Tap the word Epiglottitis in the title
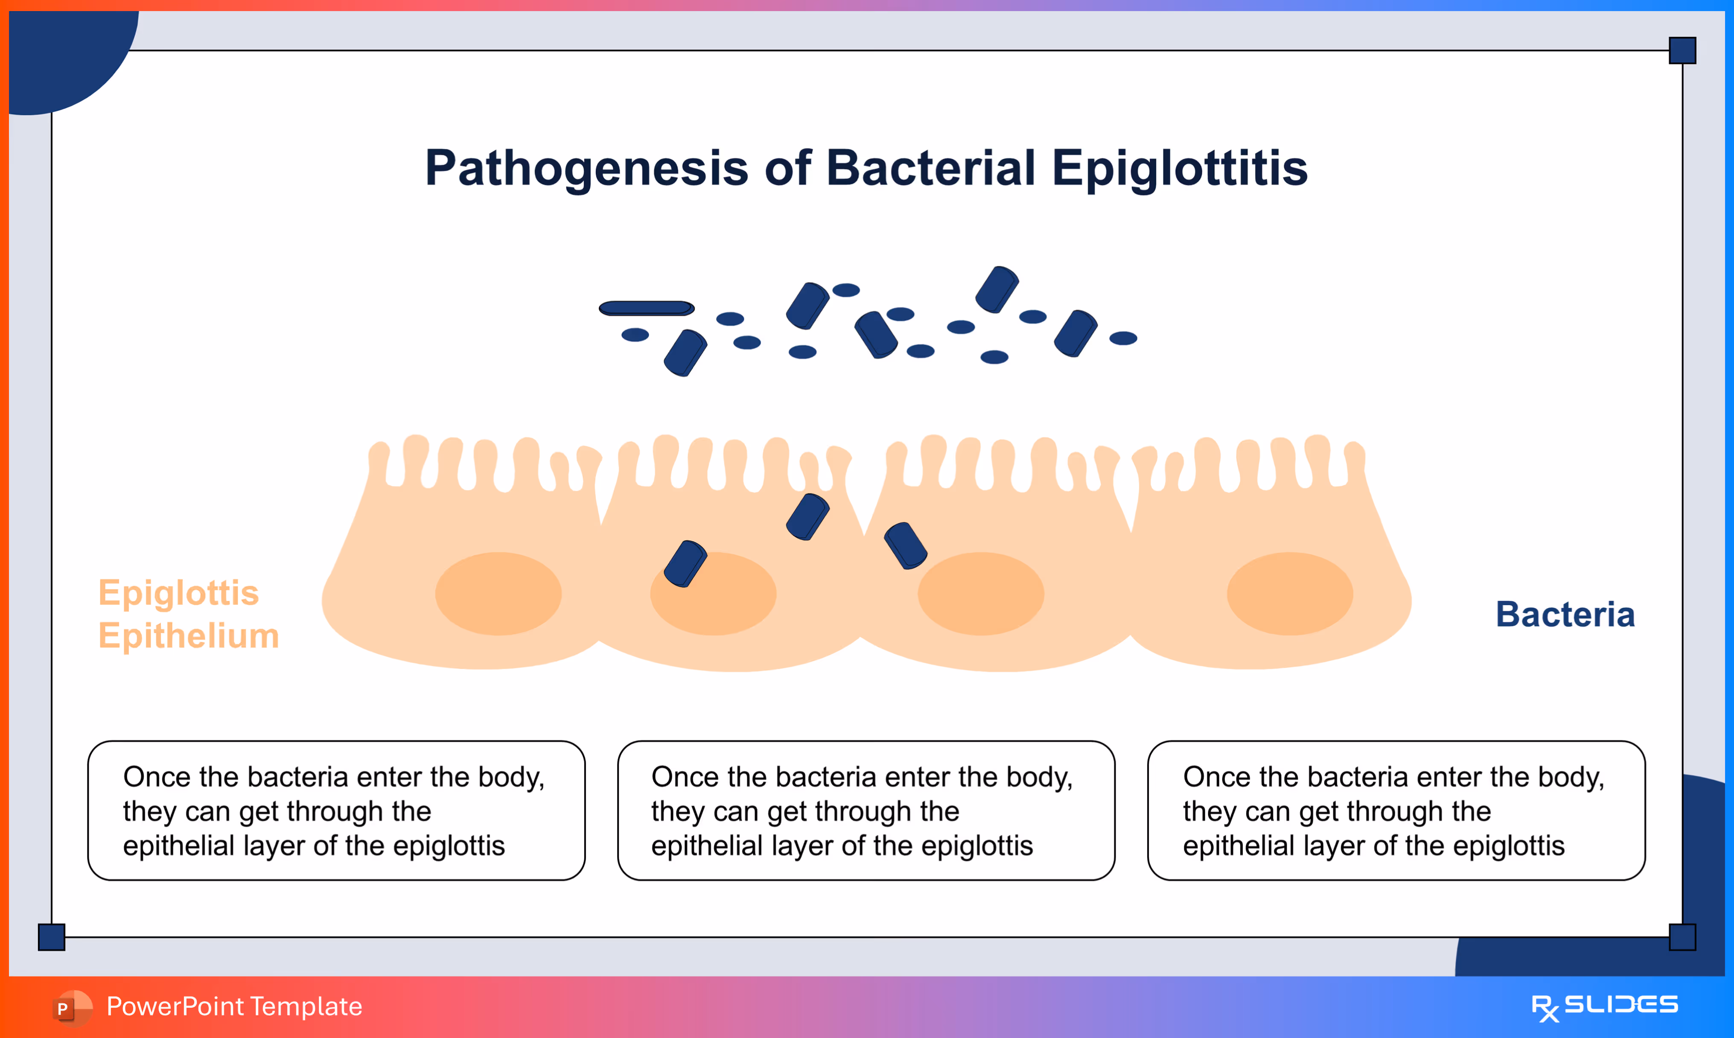(x=1180, y=169)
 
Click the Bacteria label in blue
(x=1565, y=615)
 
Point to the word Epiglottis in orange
(x=178, y=593)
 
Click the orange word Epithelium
(x=189, y=636)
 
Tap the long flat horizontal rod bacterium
(x=647, y=308)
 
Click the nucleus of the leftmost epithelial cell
(x=498, y=594)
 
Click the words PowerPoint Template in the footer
(x=234, y=1006)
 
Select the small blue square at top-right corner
(x=1682, y=50)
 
